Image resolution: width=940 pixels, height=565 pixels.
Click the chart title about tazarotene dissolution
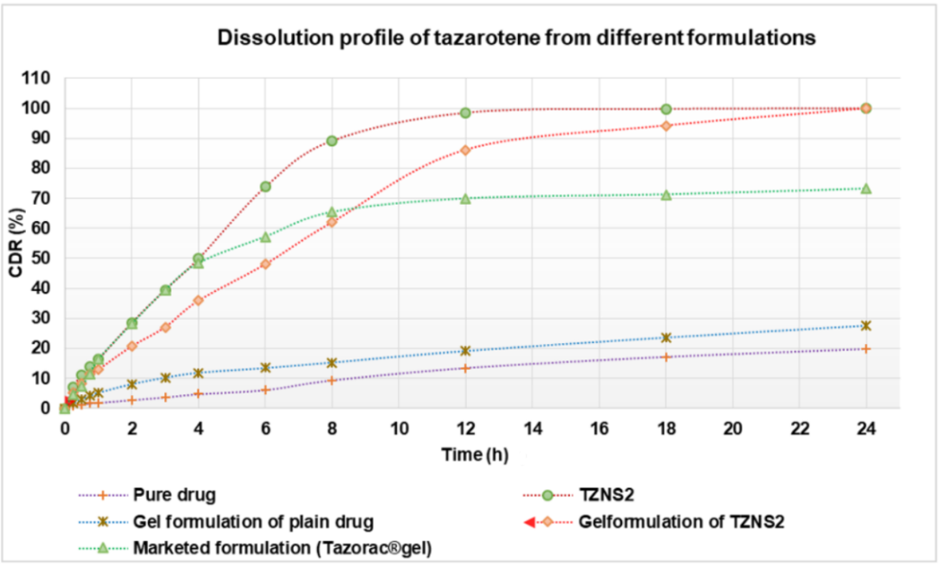tap(515, 39)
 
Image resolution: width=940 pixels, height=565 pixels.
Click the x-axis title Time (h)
tap(475, 455)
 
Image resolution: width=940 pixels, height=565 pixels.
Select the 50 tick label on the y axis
tap(40, 259)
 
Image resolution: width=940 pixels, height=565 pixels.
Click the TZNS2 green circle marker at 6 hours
tap(266, 187)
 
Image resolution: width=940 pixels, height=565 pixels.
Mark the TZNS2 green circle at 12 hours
tap(465, 113)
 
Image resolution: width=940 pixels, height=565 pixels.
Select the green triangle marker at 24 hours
tap(865, 189)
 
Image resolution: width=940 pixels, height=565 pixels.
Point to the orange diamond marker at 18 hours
tap(665, 126)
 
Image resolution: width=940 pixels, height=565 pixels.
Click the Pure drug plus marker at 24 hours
tap(865, 349)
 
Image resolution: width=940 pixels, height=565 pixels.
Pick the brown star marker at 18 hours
tap(665, 338)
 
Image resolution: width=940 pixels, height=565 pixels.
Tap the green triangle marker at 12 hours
tap(465, 199)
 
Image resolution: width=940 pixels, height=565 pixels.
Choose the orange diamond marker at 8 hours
tap(331, 222)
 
